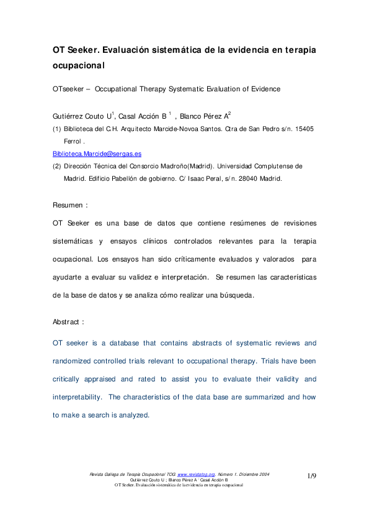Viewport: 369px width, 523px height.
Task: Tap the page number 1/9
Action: tap(312, 476)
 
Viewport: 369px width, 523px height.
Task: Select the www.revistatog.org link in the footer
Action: tap(197, 474)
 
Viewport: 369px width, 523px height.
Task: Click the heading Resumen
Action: tap(68, 205)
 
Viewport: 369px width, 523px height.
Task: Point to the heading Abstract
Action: tap(68, 322)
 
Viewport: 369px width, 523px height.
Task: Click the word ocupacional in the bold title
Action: tap(78, 65)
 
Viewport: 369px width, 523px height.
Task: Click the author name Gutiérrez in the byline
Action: tap(68, 116)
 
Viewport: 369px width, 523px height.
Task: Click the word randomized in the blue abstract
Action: tap(76, 361)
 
